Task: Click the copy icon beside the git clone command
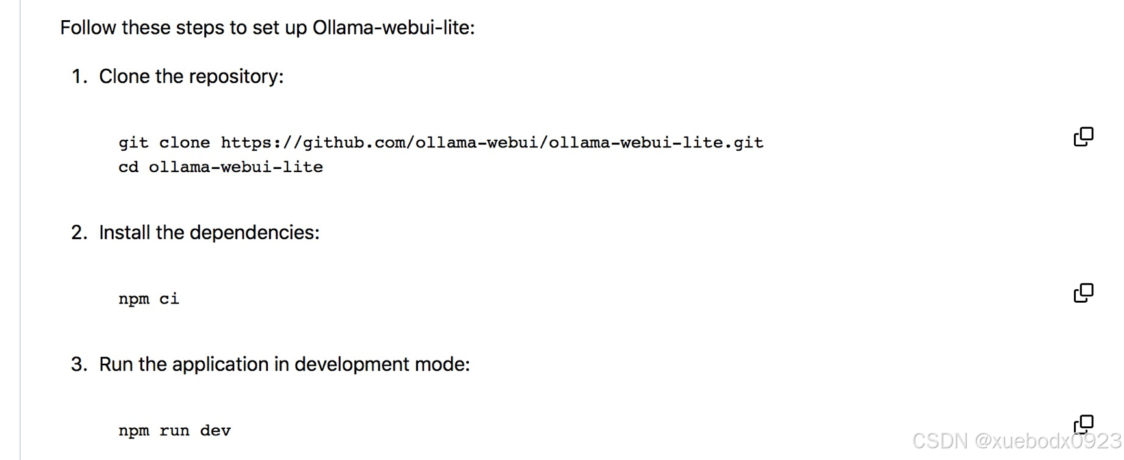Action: click(1083, 136)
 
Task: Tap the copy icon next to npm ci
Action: click(1083, 293)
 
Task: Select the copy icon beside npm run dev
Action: click(1083, 424)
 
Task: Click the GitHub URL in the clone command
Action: click(491, 143)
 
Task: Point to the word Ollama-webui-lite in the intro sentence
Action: click(393, 28)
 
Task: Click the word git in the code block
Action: click(133, 143)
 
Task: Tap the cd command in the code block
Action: click(128, 168)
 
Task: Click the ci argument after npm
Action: click(169, 299)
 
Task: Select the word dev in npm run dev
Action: click(215, 431)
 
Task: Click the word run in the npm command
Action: click(174, 431)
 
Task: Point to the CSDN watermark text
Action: click(1016, 441)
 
